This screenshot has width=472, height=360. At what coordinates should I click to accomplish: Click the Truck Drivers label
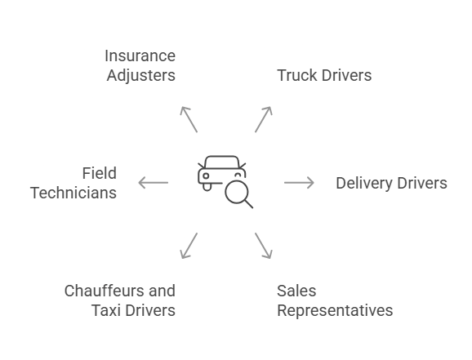tap(324, 76)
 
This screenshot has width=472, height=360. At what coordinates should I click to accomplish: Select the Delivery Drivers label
tap(391, 183)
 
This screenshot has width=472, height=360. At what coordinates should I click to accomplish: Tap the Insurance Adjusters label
tap(140, 66)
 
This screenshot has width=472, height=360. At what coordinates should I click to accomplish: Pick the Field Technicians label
tap(73, 183)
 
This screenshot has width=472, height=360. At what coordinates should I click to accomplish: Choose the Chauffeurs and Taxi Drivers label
tap(120, 300)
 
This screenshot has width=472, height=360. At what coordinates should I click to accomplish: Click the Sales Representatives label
tap(334, 300)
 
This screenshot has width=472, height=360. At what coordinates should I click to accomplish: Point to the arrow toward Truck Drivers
tap(263, 119)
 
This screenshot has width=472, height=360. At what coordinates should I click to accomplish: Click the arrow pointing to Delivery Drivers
tap(299, 182)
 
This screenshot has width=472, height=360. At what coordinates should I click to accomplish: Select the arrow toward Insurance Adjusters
tap(189, 119)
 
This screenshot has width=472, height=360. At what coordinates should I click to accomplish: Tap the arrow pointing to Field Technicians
tap(153, 182)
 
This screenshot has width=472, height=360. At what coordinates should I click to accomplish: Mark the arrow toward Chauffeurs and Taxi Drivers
tap(189, 246)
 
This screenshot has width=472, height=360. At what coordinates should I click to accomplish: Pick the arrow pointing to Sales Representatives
tap(263, 246)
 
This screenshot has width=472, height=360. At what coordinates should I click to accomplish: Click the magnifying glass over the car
tap(238, 193)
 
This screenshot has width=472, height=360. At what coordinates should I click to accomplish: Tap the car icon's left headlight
tap(206, 176)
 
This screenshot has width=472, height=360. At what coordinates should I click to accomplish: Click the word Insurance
tap(140, 56)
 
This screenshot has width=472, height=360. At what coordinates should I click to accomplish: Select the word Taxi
tap(105, 310)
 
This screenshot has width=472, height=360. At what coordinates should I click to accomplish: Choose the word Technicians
tap(73, 193)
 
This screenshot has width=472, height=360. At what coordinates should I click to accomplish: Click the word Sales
tap(296, 291)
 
